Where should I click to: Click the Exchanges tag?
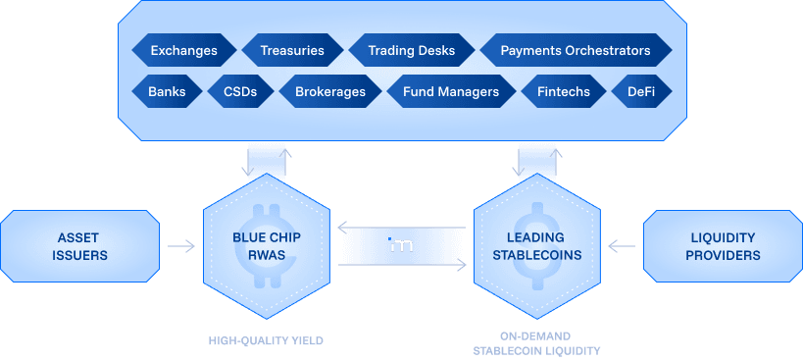[183, 50]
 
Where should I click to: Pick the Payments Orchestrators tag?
[575, 50]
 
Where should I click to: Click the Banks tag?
[167, 92]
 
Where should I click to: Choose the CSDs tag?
[239, 92]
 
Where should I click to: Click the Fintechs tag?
[564, 92]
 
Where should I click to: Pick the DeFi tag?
[641, 92]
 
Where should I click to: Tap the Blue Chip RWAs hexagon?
[265, 246]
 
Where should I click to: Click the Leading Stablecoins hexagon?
[535, 246]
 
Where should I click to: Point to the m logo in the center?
[401, 246]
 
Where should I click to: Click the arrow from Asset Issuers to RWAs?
[181, 246]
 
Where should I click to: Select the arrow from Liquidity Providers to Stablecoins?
[621, 246]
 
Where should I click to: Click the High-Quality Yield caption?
[265, 341]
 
